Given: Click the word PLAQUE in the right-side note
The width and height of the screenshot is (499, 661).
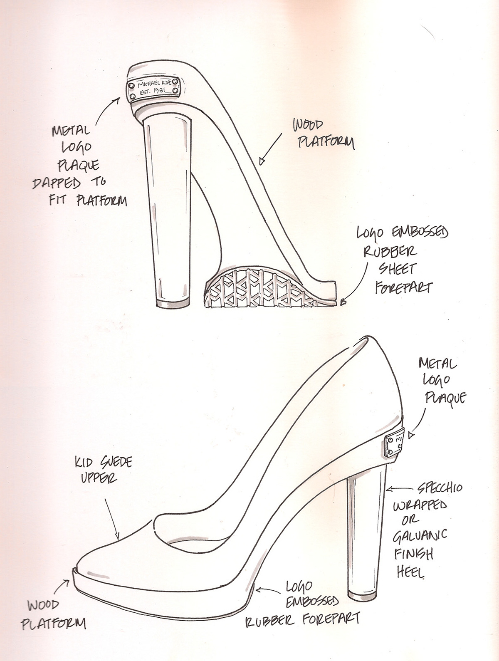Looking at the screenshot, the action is pos(445,398).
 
